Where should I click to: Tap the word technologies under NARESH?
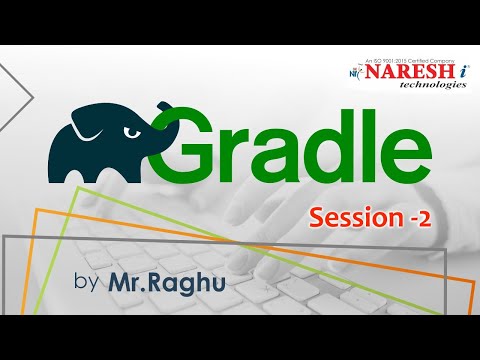coord(419,86)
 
